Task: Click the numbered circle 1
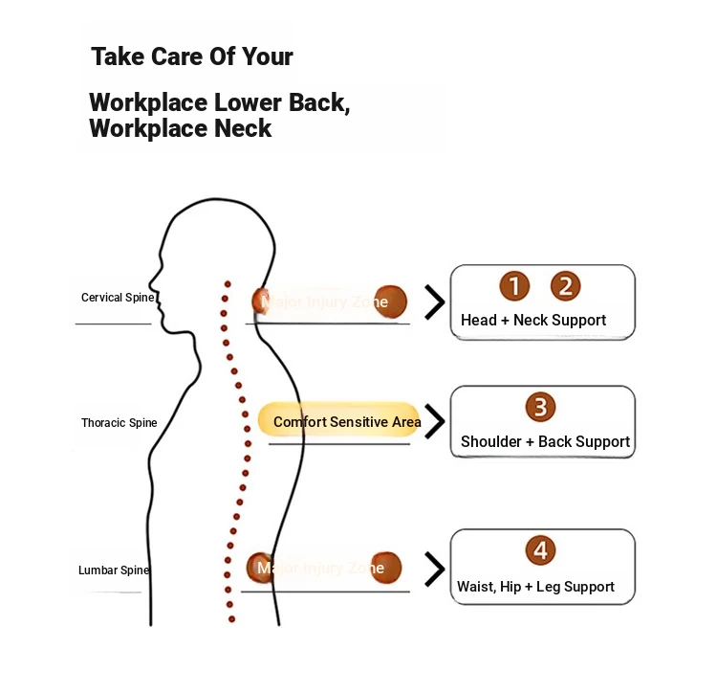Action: click(514, 285)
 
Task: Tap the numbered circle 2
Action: click(565, 285)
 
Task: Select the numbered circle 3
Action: click(540, 407)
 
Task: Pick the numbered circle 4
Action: click(540, 550)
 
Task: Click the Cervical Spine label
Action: click(117, 298)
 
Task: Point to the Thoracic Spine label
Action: click(119, 423)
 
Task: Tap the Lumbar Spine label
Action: click(114, 570)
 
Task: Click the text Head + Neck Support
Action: click(533, 321)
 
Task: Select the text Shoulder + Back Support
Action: click(545, 442)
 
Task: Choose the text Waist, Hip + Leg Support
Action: click(535, 587)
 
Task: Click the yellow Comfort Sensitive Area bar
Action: click(339, 421)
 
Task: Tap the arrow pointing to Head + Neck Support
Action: click(435, 302)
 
